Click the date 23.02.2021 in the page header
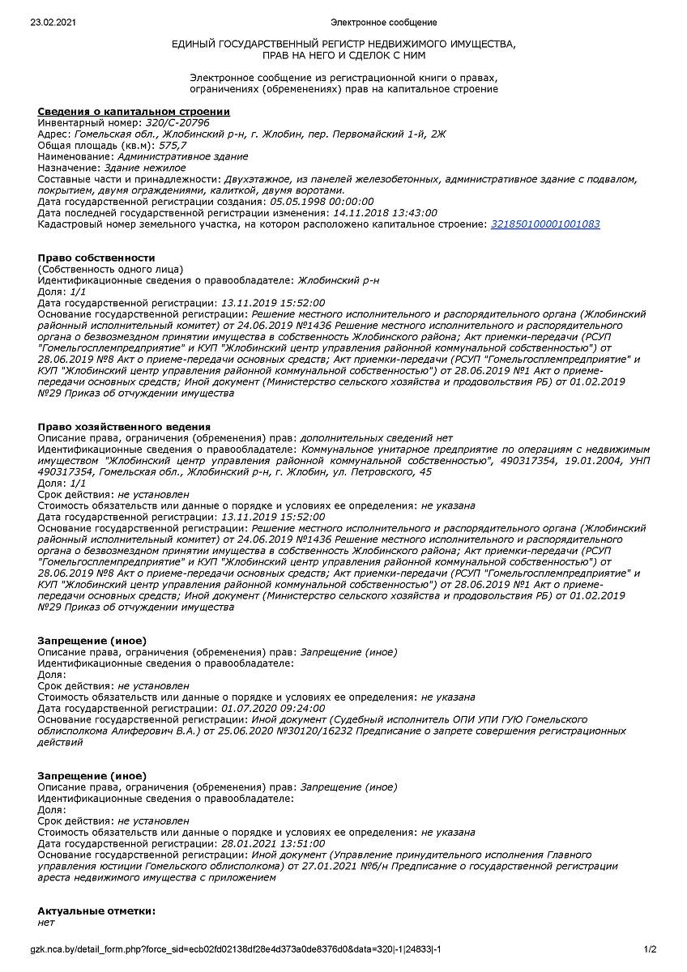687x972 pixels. [53, 22]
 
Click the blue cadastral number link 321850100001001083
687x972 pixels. [545, 224]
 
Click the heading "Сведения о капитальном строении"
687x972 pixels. [134, 111]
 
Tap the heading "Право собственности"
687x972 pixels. [96, 258]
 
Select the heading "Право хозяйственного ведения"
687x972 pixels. [124, 426]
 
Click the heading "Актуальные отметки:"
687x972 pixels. [96, 911]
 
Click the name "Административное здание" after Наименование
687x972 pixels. [182, 156]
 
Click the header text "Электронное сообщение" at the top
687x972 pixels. [384, 22]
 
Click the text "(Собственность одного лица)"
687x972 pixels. [110, 269]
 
